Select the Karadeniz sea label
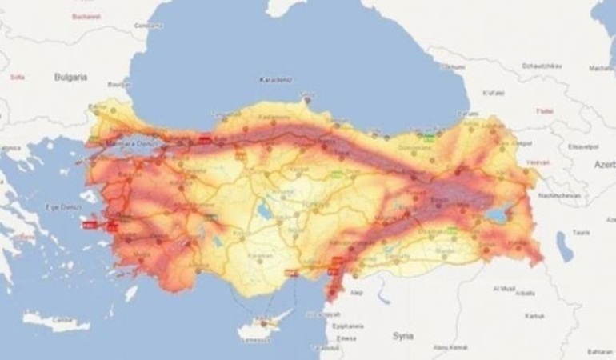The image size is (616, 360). [x=274, y=79]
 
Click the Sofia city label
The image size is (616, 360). [x=17, y=77]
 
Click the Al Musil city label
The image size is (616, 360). [x=504, y=287]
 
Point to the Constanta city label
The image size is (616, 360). [x=144, y=26]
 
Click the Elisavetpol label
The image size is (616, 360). [x=578, y=146]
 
